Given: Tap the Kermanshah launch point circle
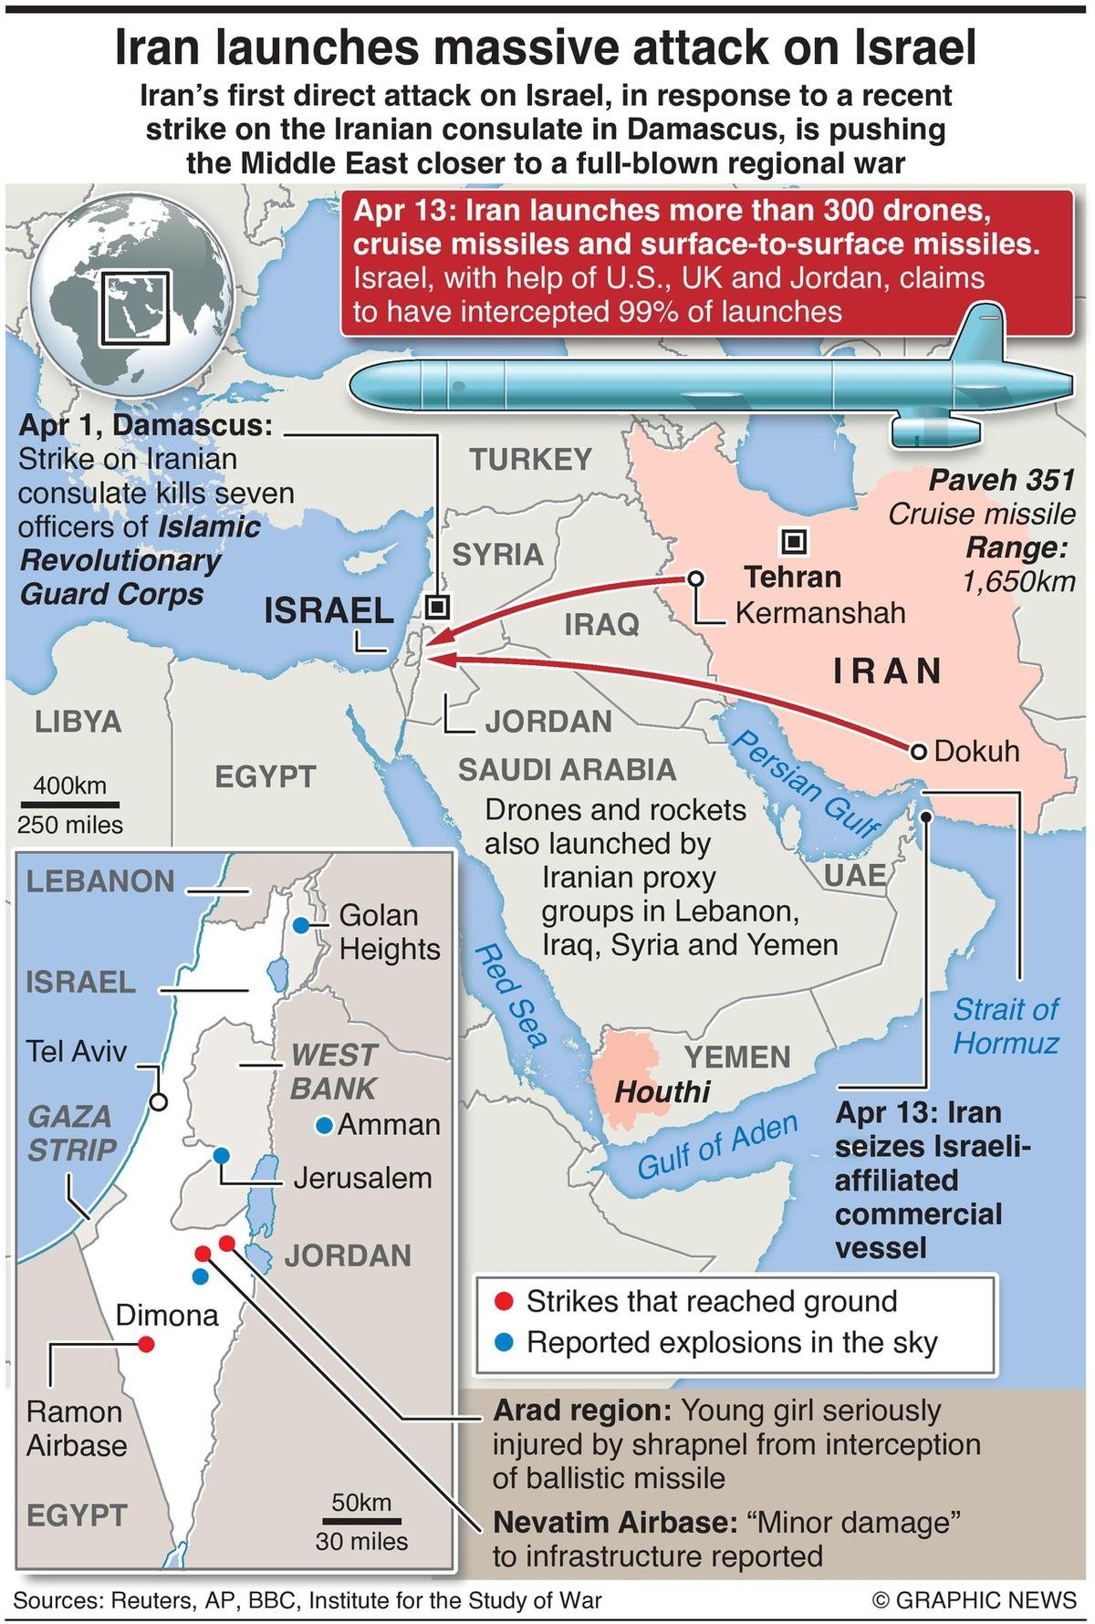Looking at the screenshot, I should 695,578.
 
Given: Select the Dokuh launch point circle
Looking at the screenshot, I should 919,751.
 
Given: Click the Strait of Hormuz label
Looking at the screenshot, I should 1006,1026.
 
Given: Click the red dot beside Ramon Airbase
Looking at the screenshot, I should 145,1343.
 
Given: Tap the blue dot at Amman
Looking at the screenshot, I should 323,1125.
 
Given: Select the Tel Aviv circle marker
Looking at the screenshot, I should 158,1102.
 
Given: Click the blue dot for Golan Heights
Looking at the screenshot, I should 300,925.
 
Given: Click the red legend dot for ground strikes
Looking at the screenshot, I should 501,1300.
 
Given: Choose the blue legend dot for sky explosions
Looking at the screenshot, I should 501,1342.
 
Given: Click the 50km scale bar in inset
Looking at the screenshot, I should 361,1521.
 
